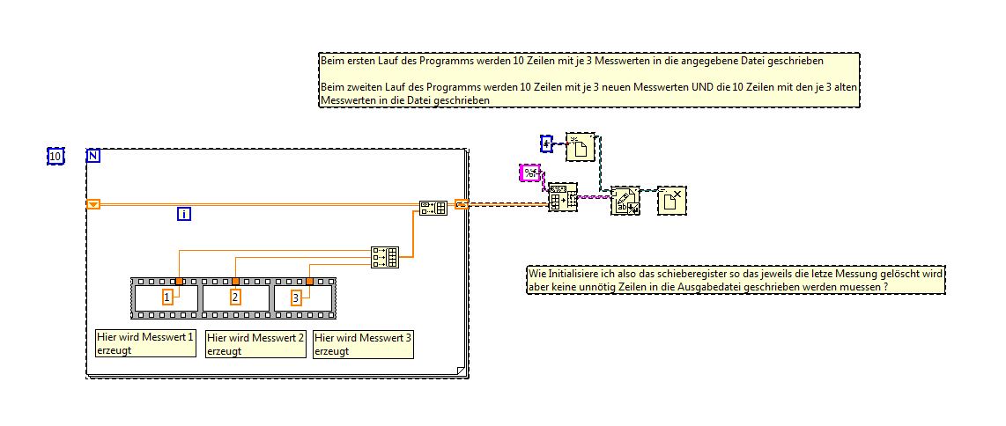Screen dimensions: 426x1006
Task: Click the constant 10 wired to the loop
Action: pyautogui.click(x=55, y=157)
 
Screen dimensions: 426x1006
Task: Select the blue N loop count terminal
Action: pyautogui.click(x=92, y=157)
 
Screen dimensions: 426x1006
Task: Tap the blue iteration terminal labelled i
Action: pyautogui.click(x=184, y=214)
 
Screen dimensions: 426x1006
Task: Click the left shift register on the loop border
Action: pyautogui.click(x=93, y=205)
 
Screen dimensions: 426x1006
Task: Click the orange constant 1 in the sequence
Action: pyautogui.click(x=168, y=298)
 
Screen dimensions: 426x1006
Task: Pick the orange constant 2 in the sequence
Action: pyautogui.click(x=235, y=297)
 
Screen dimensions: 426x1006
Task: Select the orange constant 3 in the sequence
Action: pyautogui.click(x=296, y=298)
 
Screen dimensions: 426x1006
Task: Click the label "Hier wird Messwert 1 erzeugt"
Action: pyautogui.click(x=145, y=343)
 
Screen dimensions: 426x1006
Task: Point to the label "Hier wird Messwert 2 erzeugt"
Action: pyautogui.click(x=255, y=343)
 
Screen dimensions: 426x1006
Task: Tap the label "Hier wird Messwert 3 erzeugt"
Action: pyautogui.click(x=363, y=343)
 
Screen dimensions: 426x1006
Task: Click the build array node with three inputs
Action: pyautogui.click(x=385, y=256)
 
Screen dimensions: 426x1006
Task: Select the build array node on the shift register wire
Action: pyautogui.click(x=433, y=208)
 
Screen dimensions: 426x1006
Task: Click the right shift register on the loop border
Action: pyautogui.click(x=462, y=205)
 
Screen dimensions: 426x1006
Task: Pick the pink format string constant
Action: pyautogui.click(x=530, y=173)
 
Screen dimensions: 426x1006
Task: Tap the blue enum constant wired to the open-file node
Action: pyautogui.click(x=546, y=143)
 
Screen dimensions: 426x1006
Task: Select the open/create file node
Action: pyautogui.click(x=581, y=148)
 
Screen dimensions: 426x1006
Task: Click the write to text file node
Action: pyautogui.click(x=625, y=202)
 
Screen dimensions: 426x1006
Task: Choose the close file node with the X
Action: pyautogui.click(x=672, y=201)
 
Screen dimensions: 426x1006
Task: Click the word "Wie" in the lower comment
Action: pyautogui.click(x=536, y=275)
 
